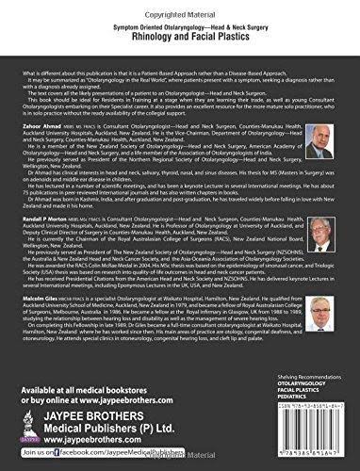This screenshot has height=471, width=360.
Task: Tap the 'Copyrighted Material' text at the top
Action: (180, 6)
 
